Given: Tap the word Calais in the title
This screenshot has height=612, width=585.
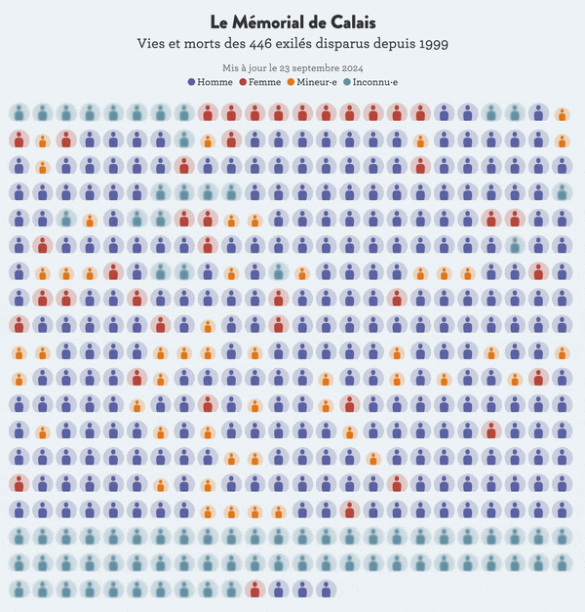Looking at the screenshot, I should [x=350, y=22].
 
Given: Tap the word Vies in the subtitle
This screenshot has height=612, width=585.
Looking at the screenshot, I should [x=153, y=44].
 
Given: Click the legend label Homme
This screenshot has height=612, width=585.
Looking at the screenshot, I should [x=214, y=82].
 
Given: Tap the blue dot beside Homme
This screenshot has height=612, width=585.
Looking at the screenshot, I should [x=192, y=82].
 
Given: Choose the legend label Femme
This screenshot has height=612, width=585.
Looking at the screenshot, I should [x=264, y=82].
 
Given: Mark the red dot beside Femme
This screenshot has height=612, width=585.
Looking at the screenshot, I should [x=243, y=82].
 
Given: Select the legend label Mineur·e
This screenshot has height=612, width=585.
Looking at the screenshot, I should [x=317, y=82].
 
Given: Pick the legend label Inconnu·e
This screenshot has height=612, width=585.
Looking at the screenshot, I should [x=375, y=82].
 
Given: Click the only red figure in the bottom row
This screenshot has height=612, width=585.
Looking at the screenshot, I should [x=254, y=588].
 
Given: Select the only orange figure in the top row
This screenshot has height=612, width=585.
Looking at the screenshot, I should [x=562, y=114].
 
